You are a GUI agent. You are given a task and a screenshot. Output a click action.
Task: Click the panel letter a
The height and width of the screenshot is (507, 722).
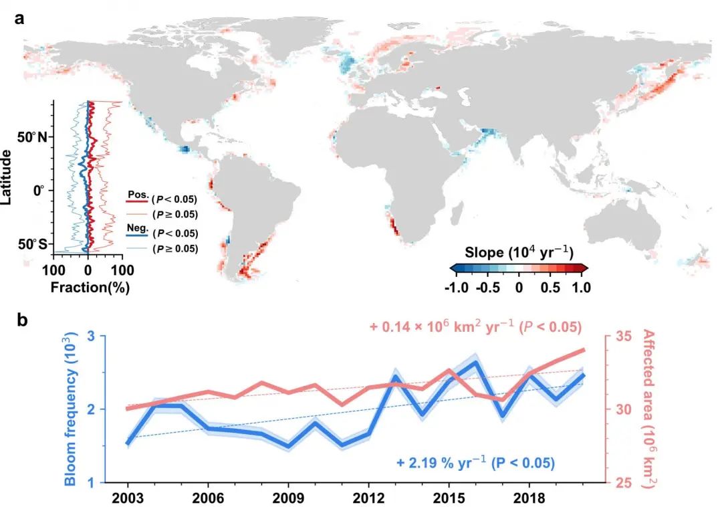tap(19, 19)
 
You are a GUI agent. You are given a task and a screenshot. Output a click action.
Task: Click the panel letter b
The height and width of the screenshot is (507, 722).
tap(20, 320)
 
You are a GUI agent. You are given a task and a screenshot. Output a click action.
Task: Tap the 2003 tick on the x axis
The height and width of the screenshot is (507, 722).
tap(127, 499)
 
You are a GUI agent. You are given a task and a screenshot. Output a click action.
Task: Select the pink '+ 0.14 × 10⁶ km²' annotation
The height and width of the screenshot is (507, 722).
tap(475, 328)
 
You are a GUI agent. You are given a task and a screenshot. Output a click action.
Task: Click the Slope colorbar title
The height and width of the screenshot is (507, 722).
tap(519, 253)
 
